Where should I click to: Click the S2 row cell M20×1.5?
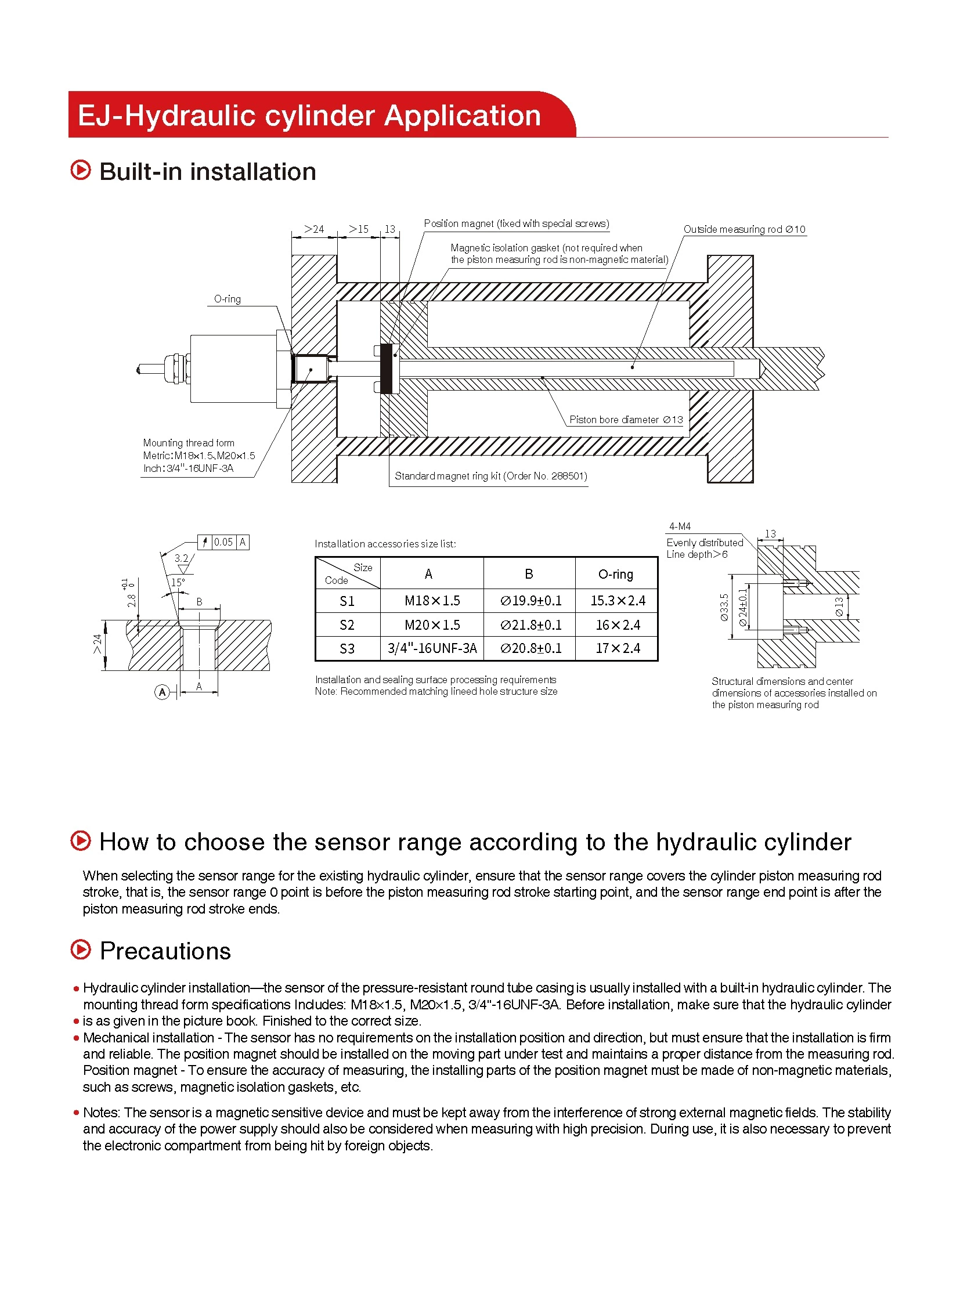pos(432,625)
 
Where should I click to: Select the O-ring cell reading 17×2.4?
pos(617,648)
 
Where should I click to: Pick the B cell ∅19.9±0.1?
pos(530,600)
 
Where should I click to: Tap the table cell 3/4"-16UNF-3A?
pos(432,648)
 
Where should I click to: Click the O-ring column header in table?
pos(615,574)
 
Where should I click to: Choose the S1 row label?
pos(347,601)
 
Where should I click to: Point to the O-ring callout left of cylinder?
pos(227,299)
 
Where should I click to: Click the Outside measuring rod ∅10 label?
pos(744,229)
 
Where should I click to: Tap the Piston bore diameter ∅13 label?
pos(626,420)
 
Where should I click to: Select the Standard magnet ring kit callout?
pos(490,476)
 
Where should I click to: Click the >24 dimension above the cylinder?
pos(314,229)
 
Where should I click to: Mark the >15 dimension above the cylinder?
pos(359,229)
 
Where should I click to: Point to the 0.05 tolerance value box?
pos(223,542)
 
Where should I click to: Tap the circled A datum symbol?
pos(162,692)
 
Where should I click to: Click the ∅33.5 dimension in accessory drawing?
pos(724,607)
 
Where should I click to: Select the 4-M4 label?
pos(679,526)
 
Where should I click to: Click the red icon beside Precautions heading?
pos(81,950)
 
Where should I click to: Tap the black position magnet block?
pos(387,368)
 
